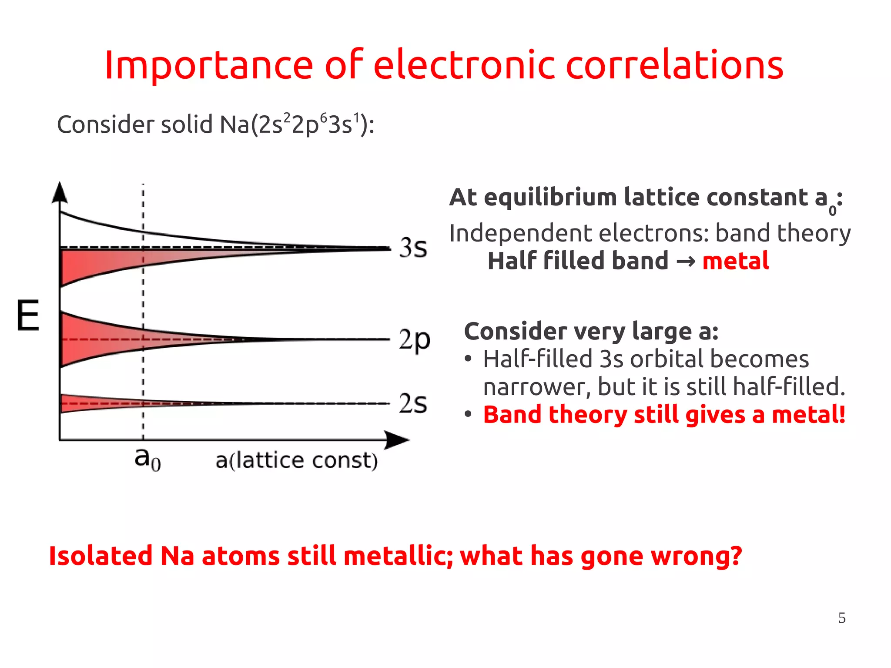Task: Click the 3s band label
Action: [x=413, y=248]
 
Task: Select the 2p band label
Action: [x=414, y=340]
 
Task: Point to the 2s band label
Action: [x=413, y=403]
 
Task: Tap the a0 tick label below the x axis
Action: [x=147, y=459]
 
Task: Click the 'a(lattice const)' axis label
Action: [x=297, y=460]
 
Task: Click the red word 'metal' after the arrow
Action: [x=735, y=261]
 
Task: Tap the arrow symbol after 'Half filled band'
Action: [x=686, y=262]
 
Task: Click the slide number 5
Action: [x=842, y=618]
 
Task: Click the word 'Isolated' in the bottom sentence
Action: [x=100, y=556]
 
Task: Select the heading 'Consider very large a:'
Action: [x=591, y=332]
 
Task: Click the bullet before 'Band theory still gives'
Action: [x=468, y=414]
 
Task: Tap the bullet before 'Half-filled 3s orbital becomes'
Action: [x=468, y=359]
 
